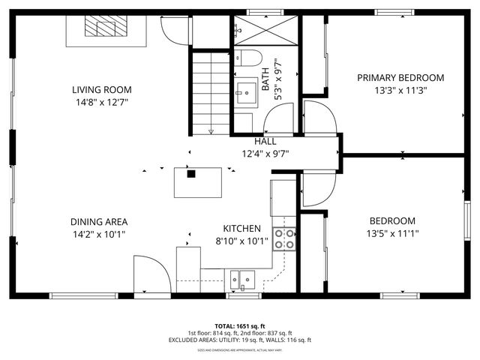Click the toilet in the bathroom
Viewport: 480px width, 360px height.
coord(247,57)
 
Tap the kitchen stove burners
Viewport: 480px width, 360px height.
coord(284,238)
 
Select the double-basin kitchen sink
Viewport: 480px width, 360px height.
coord(242,280)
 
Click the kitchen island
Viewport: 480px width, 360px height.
coord(198,181)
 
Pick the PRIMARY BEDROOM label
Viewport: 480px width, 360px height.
coord(400,78)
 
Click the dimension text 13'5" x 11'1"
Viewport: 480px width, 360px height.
coord(392,233)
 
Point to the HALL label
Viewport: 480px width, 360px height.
coord(265,141)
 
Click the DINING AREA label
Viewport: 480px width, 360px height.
coord(98,222)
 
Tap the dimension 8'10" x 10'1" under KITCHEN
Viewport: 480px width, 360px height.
coord(241,241)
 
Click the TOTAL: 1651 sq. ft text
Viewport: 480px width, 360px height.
coord(239,326)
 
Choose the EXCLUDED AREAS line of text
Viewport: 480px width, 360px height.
coord(239,340)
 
